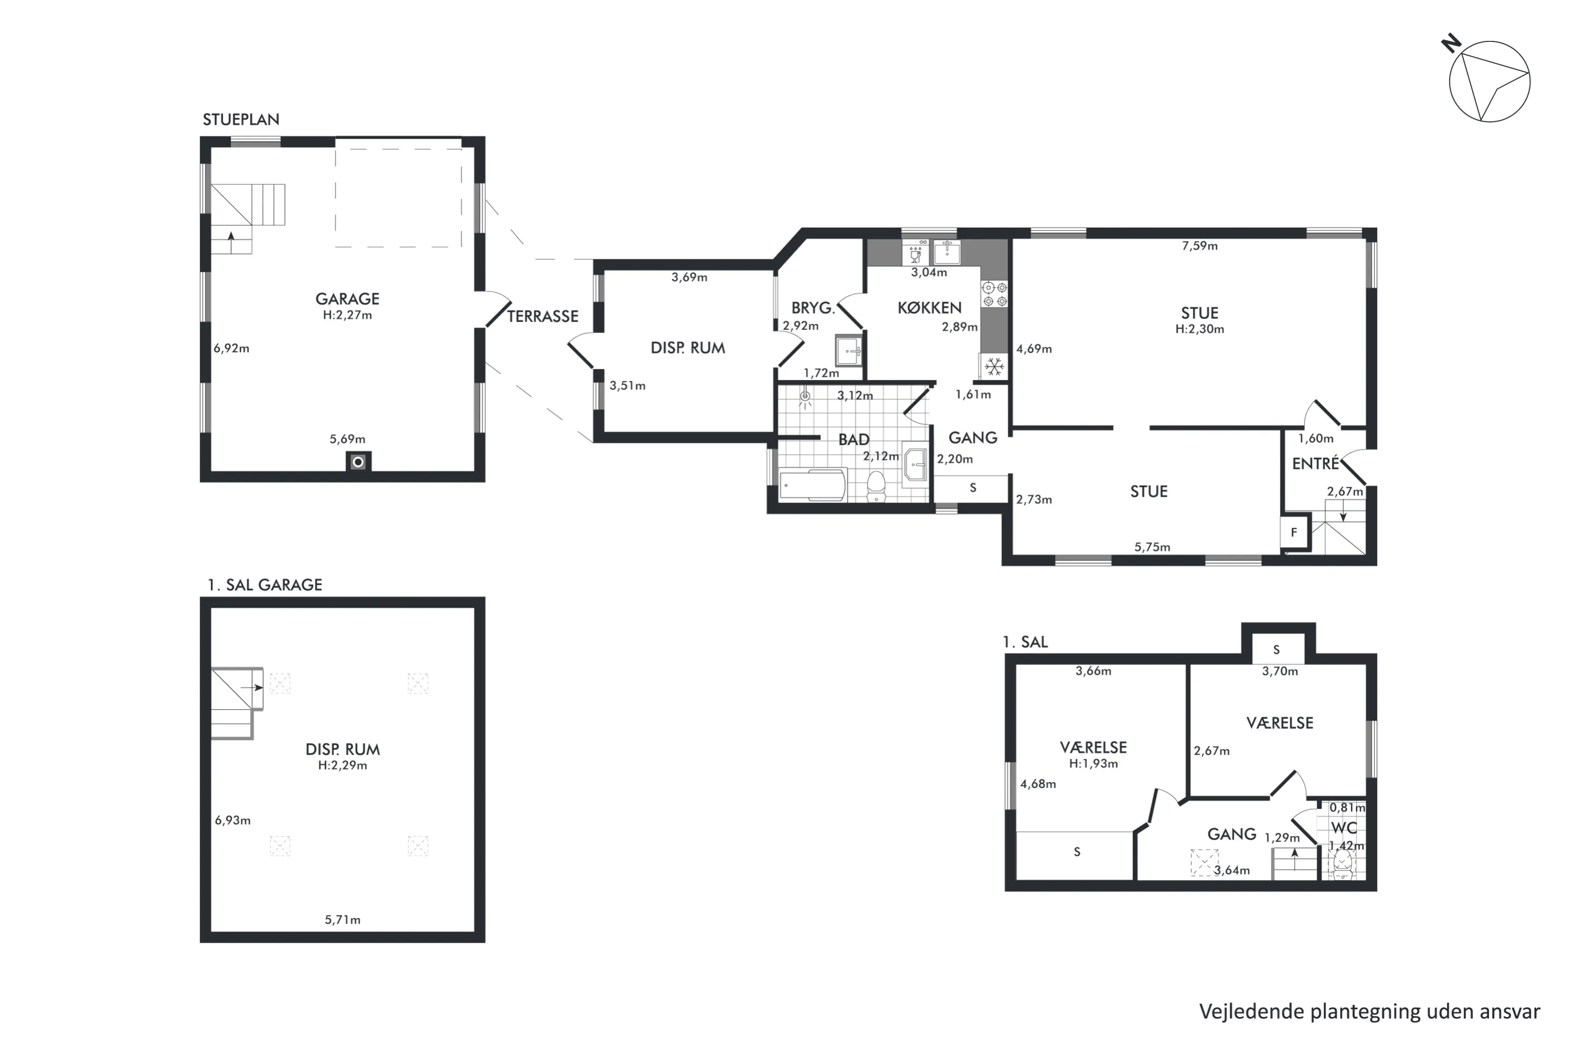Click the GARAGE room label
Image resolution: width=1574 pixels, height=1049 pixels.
347,299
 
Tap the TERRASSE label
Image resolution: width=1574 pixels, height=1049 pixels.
543,316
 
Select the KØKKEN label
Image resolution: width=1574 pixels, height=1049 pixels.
930,308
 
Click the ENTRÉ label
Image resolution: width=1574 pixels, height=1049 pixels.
1315,464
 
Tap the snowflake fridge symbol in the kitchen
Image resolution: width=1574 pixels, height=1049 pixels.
994,367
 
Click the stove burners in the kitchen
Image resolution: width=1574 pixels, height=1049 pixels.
994,294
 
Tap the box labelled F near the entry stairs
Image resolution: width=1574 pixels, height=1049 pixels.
1294,532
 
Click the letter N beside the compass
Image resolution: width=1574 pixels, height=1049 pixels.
1451,45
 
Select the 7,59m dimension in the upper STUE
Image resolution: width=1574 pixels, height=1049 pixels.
1199,246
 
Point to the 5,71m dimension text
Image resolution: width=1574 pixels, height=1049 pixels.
343,920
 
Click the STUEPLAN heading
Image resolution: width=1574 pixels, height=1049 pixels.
241,120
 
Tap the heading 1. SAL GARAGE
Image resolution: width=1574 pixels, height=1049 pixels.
265,585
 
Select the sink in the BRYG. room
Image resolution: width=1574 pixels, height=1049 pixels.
848,350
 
